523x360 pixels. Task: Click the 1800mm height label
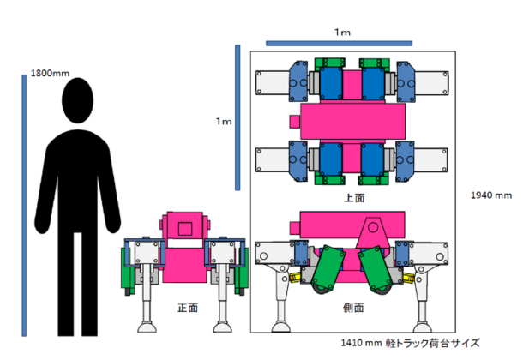50,73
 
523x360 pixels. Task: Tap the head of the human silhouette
78,100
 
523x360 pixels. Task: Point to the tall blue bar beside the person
24,206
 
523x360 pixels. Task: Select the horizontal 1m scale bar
339,44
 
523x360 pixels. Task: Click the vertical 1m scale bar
237,117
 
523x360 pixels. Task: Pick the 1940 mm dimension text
491,195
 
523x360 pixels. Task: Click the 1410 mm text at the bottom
361,343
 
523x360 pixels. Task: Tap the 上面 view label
354,198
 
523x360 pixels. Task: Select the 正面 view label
188,308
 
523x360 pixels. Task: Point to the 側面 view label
353,308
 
